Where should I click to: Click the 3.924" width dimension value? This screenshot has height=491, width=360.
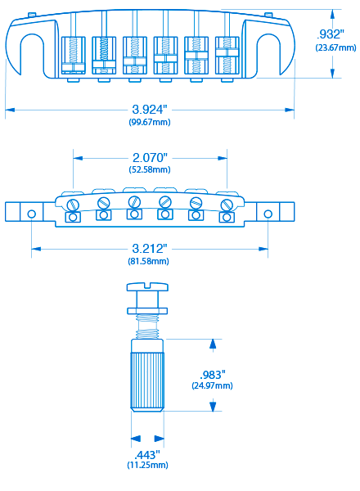pos(150,110)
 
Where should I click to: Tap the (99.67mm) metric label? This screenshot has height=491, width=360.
pos(150,122)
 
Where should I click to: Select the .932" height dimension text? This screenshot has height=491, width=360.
pos(331,34)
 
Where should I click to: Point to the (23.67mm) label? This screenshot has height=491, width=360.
pos(335,47)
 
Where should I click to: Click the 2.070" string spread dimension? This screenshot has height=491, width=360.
pos(150,157)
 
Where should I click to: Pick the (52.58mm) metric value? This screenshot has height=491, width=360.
pos(150,169)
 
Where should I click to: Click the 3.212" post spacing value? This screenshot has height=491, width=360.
pos(150,249)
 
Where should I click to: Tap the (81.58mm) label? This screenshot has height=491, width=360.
pos(148,261)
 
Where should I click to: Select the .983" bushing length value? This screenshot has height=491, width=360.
pos(213,375)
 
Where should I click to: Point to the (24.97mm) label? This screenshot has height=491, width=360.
pos(212,385)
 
